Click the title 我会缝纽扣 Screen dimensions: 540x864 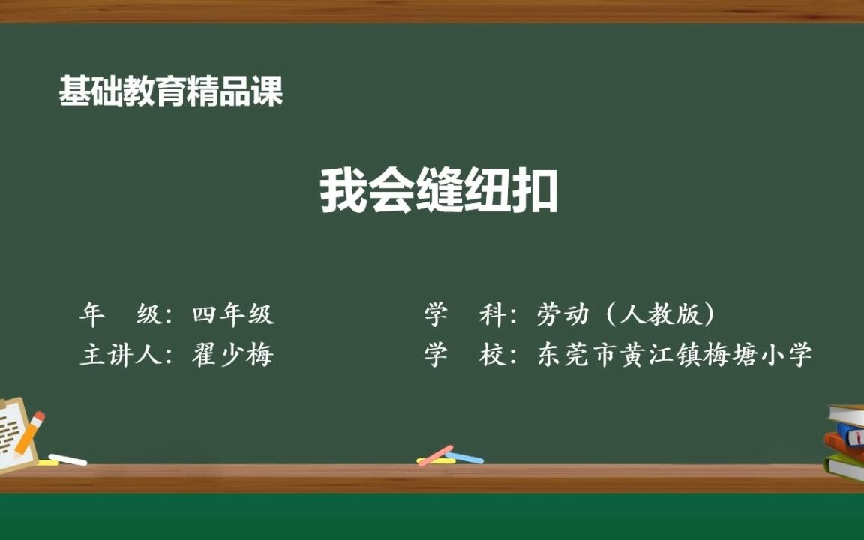[x=439, y=192]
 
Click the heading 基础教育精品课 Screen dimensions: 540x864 [x=171, y=91]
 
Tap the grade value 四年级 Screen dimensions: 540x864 [x=233, y=315]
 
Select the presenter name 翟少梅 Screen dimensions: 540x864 [x=233, y=354]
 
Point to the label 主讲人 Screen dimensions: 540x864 [x=121, y=354]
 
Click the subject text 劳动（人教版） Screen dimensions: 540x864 [x=625, y=315]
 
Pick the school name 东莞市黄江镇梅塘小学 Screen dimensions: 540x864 [x=675, y=354]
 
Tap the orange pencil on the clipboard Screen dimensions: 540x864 [x=28, y=434]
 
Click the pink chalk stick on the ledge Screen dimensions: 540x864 [x=436, y=455]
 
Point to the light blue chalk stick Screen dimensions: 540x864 [x=465, y=457]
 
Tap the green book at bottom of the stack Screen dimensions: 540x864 [x=844, y=467]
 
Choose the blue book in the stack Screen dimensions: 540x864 [x=851, y=433]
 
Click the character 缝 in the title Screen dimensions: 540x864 [x=439, y=192]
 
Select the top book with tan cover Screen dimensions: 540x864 [x=847, y=413]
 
